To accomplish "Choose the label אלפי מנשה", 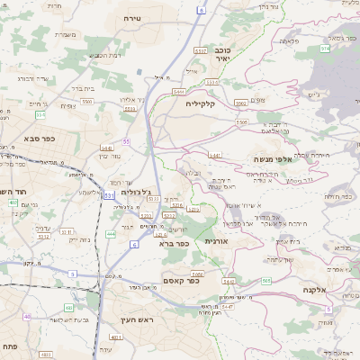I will [x=272, y=158].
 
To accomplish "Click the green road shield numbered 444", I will [x=110, y=234].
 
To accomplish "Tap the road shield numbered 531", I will [x=109, y=194].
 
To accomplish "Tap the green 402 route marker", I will [x=13, y=202].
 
